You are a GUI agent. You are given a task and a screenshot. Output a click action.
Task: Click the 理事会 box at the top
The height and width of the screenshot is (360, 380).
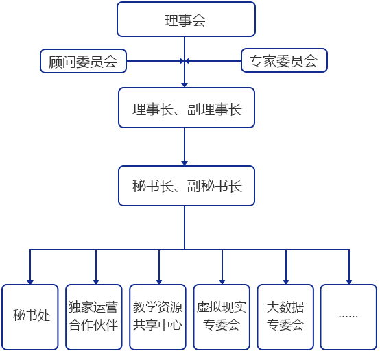click(x=186, y=19)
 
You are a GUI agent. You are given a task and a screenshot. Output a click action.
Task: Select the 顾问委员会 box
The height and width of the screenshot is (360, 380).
click(x=83, y=61)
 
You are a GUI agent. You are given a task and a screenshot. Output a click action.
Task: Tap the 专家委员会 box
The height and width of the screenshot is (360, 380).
click(x=284, y=60)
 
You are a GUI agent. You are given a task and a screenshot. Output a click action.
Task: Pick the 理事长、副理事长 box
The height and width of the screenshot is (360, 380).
click(x=187, y=108)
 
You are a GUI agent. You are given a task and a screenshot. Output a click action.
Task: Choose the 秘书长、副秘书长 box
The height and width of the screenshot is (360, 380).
click(x=187, y=186)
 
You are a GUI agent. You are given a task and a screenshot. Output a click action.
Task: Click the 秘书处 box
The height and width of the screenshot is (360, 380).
click(x=30, y=317)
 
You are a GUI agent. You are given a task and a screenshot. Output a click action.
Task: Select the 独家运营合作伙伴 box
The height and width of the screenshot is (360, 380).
click(x=94, y=317)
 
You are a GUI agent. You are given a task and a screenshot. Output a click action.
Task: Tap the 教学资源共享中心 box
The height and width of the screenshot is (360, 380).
click(x=158, y=317)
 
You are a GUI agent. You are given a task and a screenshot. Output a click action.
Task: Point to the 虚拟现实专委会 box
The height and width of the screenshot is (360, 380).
click(x=222, y=317)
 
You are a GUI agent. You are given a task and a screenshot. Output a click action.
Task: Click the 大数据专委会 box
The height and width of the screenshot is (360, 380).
click(x=285, y=317)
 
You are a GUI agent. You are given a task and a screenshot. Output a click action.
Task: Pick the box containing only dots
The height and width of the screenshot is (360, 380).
click(x=348, y=317)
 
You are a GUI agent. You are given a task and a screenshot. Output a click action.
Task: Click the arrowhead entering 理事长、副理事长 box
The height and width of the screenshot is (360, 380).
click(x=185, y=85)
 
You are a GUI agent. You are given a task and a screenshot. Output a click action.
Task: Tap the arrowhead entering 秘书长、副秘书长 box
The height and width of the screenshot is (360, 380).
click(x=185, y=163)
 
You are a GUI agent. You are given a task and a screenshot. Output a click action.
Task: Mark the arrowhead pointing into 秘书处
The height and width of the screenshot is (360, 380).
click(x=30, y=282)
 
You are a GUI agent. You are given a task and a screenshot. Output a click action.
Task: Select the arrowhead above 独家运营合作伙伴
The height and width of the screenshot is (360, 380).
click(x=96, y=282)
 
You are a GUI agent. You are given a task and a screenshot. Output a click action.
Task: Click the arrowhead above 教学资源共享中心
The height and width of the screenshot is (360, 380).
click(x=159, y=282)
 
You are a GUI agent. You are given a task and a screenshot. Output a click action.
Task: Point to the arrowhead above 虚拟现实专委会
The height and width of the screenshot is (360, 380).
click(x=222, y=282)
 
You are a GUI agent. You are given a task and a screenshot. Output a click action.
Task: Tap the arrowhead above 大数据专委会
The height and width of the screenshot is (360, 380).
click(x=286, y=282)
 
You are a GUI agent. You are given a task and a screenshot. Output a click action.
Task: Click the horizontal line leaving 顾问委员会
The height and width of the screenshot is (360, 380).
click(x=155, y=61)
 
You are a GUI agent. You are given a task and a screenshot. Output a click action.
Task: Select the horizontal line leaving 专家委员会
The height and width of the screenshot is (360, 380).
click(x=213, y=61)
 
